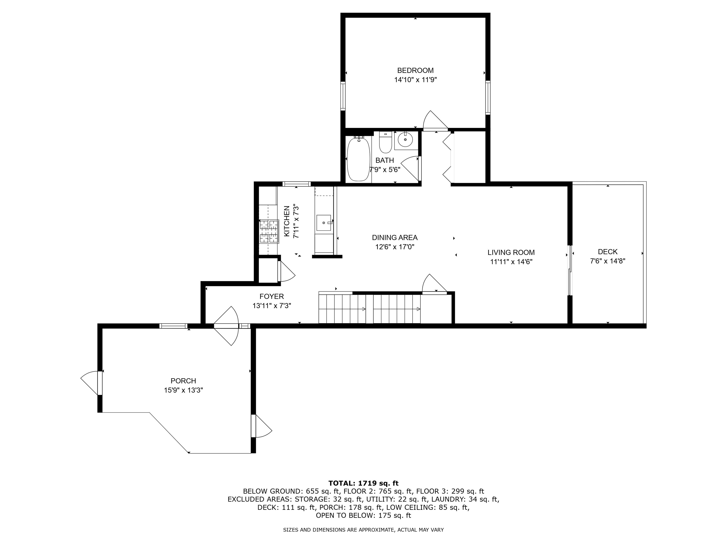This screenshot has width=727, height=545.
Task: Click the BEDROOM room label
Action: [415, 70]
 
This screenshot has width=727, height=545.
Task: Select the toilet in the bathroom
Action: [385, 143]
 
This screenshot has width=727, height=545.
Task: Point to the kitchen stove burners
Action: [269, 231]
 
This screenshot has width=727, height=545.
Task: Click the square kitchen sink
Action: [324, 223]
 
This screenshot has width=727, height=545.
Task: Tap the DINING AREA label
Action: [395, 237]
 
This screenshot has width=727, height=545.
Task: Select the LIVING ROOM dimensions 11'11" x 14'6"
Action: [511, 262]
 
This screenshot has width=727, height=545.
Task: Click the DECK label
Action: [607, 252]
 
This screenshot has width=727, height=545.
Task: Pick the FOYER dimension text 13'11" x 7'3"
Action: [271, 306]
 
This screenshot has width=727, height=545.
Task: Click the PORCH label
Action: [183, 381]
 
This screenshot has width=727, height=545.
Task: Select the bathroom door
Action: [411, 168]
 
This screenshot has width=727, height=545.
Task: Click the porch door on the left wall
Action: [90, 383]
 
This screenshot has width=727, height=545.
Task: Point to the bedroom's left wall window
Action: [343, 96]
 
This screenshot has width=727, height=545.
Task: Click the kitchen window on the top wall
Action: [297, 184]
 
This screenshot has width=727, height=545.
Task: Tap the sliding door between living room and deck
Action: [570, 270]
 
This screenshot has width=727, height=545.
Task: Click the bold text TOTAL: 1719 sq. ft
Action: [363, 483]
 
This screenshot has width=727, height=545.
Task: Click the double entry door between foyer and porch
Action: [227, 326]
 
